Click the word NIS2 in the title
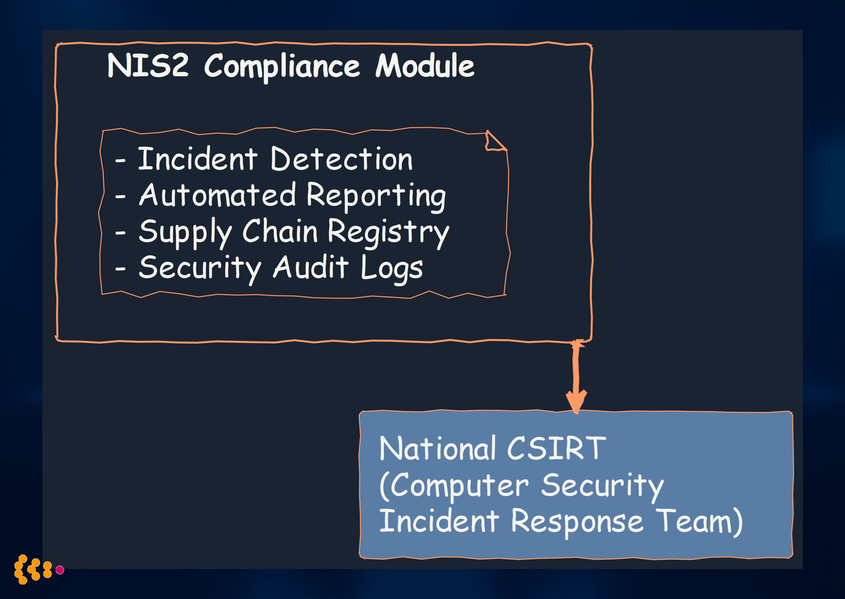pos(148,66)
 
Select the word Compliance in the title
pos(282,67)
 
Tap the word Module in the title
pos(425,66)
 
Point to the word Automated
pos(217,195)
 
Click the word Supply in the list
pos(185,232)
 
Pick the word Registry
pos(388,232)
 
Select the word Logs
pos(391,268)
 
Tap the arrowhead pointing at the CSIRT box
pos(576,402)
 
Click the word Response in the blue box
pos(577,522)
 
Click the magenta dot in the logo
pos(60,570)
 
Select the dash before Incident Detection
pos(120,161)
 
